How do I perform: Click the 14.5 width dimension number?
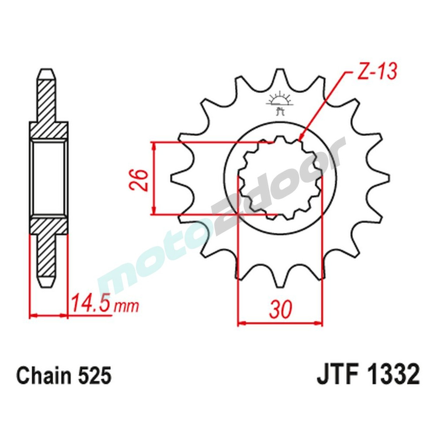[90, 303]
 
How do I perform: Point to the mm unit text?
[126, 306]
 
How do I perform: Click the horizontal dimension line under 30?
[280, 324]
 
